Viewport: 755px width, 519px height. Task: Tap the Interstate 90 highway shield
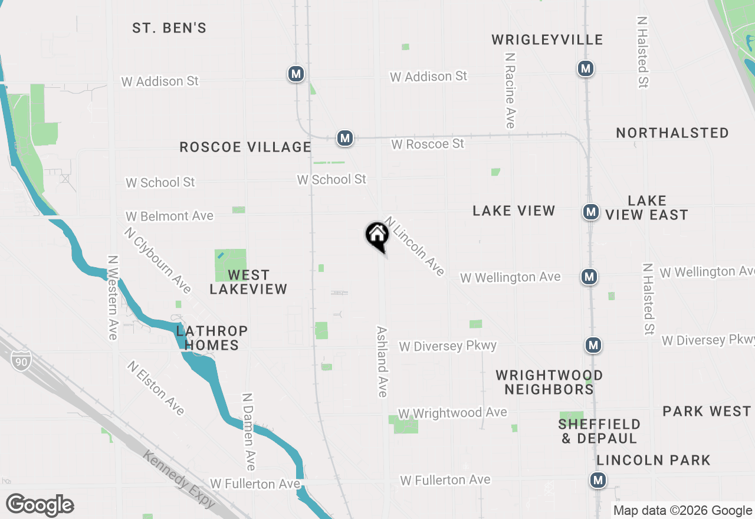tap(21, 359)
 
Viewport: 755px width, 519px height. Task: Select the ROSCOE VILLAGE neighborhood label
tap(245, 147)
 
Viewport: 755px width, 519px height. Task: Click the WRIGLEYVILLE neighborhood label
tap(547, 40)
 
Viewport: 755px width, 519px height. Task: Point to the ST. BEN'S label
tap(169, 28)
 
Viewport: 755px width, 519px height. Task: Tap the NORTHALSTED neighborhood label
tap(672, 133)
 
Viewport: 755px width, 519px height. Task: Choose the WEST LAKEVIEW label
tap(248, 282)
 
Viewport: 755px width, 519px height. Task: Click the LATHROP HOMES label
tap(212, 338)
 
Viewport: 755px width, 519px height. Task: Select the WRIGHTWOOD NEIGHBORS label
tap(549, 382)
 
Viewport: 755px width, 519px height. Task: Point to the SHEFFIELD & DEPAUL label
tap(599, 431)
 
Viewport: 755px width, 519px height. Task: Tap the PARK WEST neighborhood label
tap(707, 411)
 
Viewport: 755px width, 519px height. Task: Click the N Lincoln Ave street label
tap(414, 246)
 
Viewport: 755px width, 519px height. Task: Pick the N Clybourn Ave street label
tap(157, 260)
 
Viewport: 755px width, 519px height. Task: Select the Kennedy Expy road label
tap(179, 478)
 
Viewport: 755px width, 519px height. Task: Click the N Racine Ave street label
tap(510, 90)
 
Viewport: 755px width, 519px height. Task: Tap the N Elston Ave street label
tap(156, 387)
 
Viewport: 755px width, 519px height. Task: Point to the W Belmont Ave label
tap(169, 216)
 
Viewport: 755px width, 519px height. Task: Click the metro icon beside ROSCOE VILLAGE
tap(345, 138)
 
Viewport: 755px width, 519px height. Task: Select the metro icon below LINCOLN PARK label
tap(599, 480)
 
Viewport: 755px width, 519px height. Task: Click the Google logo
tap(40, 505)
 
